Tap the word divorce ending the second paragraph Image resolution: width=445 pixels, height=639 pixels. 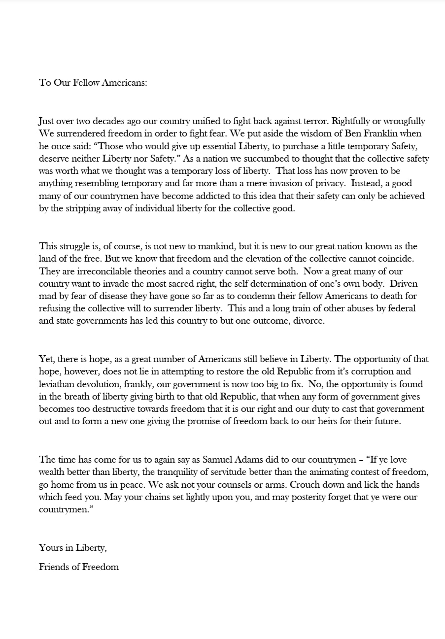tap(309, 321)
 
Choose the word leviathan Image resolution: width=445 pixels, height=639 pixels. tap(59, 384)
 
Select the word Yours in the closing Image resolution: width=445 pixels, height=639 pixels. tap(51, 547)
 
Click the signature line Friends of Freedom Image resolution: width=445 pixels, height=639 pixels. tap(79, 567)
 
